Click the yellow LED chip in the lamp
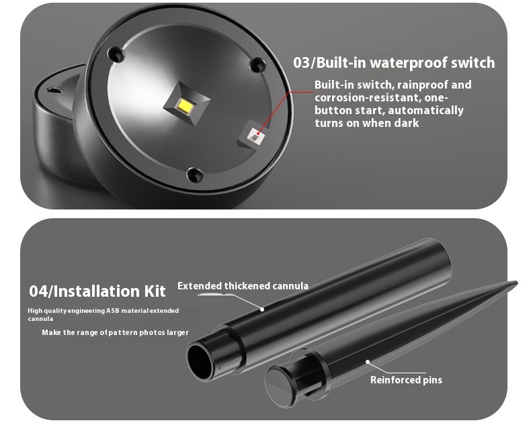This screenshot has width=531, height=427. pyautogui.click(x=186, y=105)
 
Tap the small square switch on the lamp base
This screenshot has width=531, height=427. pyautogui.click(x=254, y=135)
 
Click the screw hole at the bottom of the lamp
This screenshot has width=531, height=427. pyautogui.click(x=195, y=175)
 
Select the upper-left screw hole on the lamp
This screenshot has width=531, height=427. pyautogui.click(x=116, y=54)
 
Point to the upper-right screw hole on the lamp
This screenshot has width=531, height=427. pyautogui.click(x=257, y=64)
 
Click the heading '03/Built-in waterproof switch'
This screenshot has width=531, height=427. pyautogui.click(x=394, y=63)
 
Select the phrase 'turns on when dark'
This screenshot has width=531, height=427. pyautogui.click(x=367, y=123)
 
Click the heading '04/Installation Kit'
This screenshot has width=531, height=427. pyautogui.click(x=97, y=291)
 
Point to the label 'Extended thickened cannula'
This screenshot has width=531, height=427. pyautogui.click(x=243, y=286)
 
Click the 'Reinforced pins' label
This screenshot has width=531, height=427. pyautogui.click(x=406, y=380)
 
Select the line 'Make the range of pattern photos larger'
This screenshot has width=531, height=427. pyautogui.click(x=115, y=332)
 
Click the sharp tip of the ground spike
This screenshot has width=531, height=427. pyautogui.click(x=516, y=283)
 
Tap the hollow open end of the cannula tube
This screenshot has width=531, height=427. pyautogui.click(x=200, y=362)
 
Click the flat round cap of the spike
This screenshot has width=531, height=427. pyautogui.click(x=279, y=387)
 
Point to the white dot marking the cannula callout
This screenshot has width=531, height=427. pyautogui.click(x=261, y=309)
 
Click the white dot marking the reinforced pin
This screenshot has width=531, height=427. pyautogui.click(x=368, y=362)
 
